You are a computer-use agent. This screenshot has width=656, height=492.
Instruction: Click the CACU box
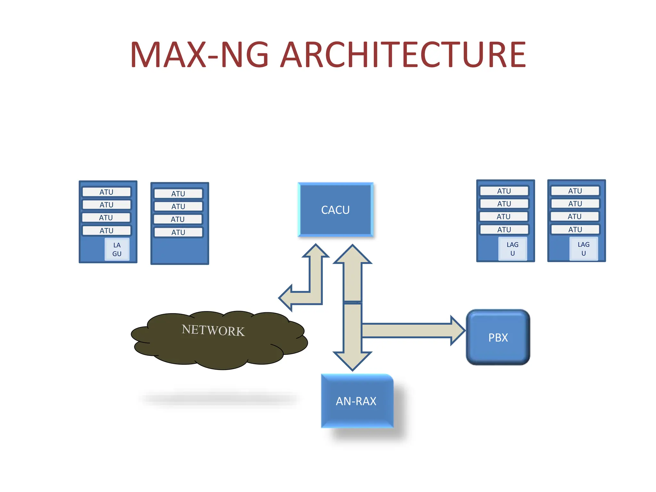point(335,210)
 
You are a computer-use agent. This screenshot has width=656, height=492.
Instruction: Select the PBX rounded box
point(498,337)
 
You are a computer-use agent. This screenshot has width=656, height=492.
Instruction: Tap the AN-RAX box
point(357,401)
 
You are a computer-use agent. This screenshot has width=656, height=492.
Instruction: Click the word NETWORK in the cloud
point(213,330)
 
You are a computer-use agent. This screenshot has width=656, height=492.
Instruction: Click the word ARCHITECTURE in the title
point(403,55)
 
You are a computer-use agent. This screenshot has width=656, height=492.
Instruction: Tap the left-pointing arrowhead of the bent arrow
point(286,298)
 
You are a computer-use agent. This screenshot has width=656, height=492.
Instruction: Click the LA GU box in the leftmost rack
point(117,249)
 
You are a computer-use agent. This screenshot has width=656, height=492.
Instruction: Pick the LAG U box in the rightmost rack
point(583,249)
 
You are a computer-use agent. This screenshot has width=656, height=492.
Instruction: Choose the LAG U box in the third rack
point(512,249)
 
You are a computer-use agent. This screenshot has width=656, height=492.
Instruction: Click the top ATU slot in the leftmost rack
point(106,192)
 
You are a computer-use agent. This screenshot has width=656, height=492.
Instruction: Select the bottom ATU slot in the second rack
point(178,232)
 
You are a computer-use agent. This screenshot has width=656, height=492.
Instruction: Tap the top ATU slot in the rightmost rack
point(575,191)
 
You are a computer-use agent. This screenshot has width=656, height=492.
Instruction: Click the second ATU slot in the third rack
point(504,204)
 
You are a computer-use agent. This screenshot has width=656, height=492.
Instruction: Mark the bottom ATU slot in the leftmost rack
point(106,231)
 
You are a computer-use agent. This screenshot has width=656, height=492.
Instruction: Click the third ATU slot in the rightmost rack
point(575,217)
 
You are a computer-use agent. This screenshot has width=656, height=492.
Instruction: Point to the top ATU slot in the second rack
point(178,193)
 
